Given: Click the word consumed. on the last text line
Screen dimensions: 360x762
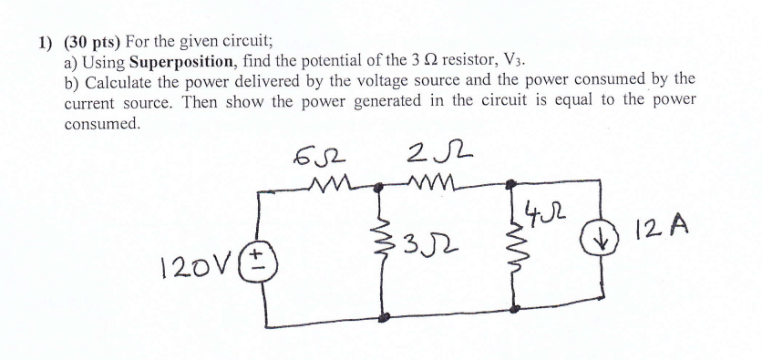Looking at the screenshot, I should [103, 122].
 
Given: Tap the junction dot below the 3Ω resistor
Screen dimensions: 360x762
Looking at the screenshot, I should [384, 316].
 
